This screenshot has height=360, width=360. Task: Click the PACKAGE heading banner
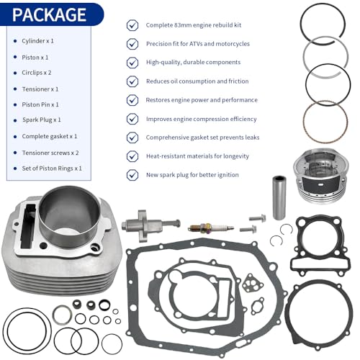coord(52,14)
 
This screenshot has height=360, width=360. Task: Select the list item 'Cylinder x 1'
coord(37,41)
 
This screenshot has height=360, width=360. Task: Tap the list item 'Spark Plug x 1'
coord(42,120)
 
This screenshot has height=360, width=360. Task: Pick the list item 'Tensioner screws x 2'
coord(50,153)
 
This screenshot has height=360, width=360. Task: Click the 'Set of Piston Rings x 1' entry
coord(52,168)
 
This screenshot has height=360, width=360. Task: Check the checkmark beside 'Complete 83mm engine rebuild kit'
coord(132,25)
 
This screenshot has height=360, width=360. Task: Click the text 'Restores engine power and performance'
coord(202,100)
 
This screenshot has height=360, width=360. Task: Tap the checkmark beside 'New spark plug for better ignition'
coord(132,175)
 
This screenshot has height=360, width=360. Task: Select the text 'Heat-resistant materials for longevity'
coord(197,156)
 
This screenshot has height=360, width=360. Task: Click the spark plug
coord(211,228)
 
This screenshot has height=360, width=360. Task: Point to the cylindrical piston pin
coord(279,198)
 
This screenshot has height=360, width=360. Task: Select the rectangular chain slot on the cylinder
coord(28,226)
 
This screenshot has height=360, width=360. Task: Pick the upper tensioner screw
coord(257,218)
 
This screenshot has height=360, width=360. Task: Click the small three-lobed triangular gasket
coord(252,283)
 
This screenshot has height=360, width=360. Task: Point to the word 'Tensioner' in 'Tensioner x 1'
coord(36,89)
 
